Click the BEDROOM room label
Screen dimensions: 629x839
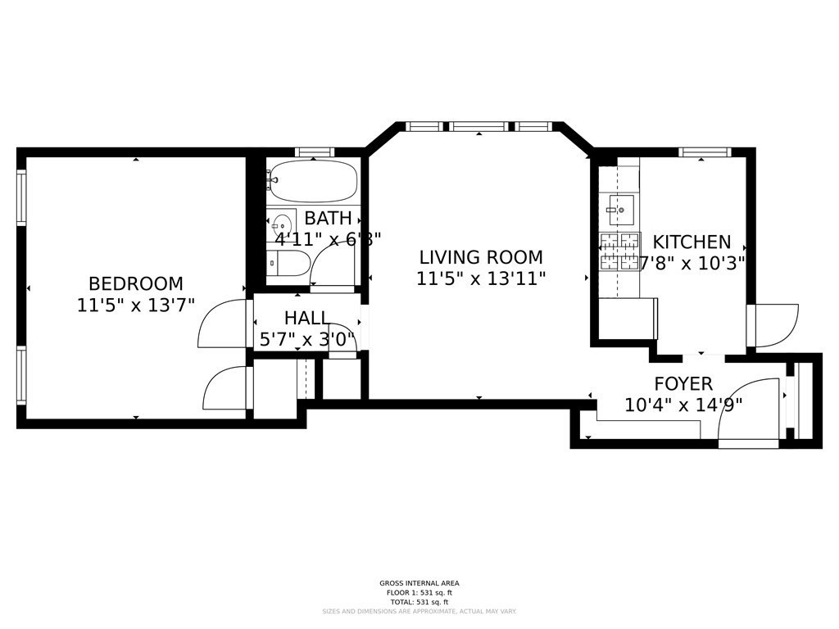point(136,284)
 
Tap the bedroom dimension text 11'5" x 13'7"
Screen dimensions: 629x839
point(136,305)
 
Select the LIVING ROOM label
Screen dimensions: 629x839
point(481,257)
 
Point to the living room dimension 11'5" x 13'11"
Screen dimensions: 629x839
point(481,278)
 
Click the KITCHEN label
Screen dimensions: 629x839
point(692,242)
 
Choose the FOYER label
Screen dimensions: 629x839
point(683,384)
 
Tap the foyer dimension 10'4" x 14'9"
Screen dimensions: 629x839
point(683,405)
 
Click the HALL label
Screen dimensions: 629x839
point(306,318)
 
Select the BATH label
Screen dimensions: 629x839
point(328,219)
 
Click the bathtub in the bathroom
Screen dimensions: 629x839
point(314,181)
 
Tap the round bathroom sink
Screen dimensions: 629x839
point(283,223)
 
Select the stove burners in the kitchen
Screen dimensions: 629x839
point(619,251)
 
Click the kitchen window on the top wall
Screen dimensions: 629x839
point(704,152)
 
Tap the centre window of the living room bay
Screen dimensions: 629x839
point(479,127)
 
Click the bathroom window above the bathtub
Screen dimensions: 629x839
point(315,152)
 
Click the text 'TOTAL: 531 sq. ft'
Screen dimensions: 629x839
point(419,602)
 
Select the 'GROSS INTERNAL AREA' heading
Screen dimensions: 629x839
point(419,583)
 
